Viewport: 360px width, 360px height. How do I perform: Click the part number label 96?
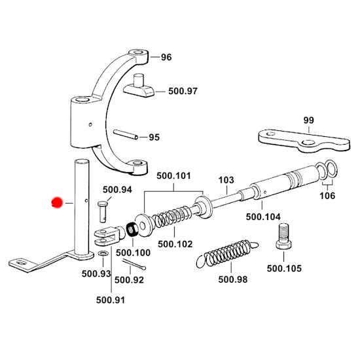tap(166, 57)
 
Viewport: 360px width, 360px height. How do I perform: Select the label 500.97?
tap(183, 91)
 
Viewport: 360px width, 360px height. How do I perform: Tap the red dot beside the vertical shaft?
tap(57, 203)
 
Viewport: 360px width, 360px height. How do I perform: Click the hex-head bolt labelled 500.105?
tap(284, 237)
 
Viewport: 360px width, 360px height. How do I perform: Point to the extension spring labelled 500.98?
tap(227, 254)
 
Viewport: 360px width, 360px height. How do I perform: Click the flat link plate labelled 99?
tap(304, 141)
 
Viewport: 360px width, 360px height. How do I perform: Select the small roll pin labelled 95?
tap(126, 134)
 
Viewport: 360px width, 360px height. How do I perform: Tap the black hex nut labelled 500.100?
tap(132, 229)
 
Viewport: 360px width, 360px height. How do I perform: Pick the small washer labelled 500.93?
tap(103, 254)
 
